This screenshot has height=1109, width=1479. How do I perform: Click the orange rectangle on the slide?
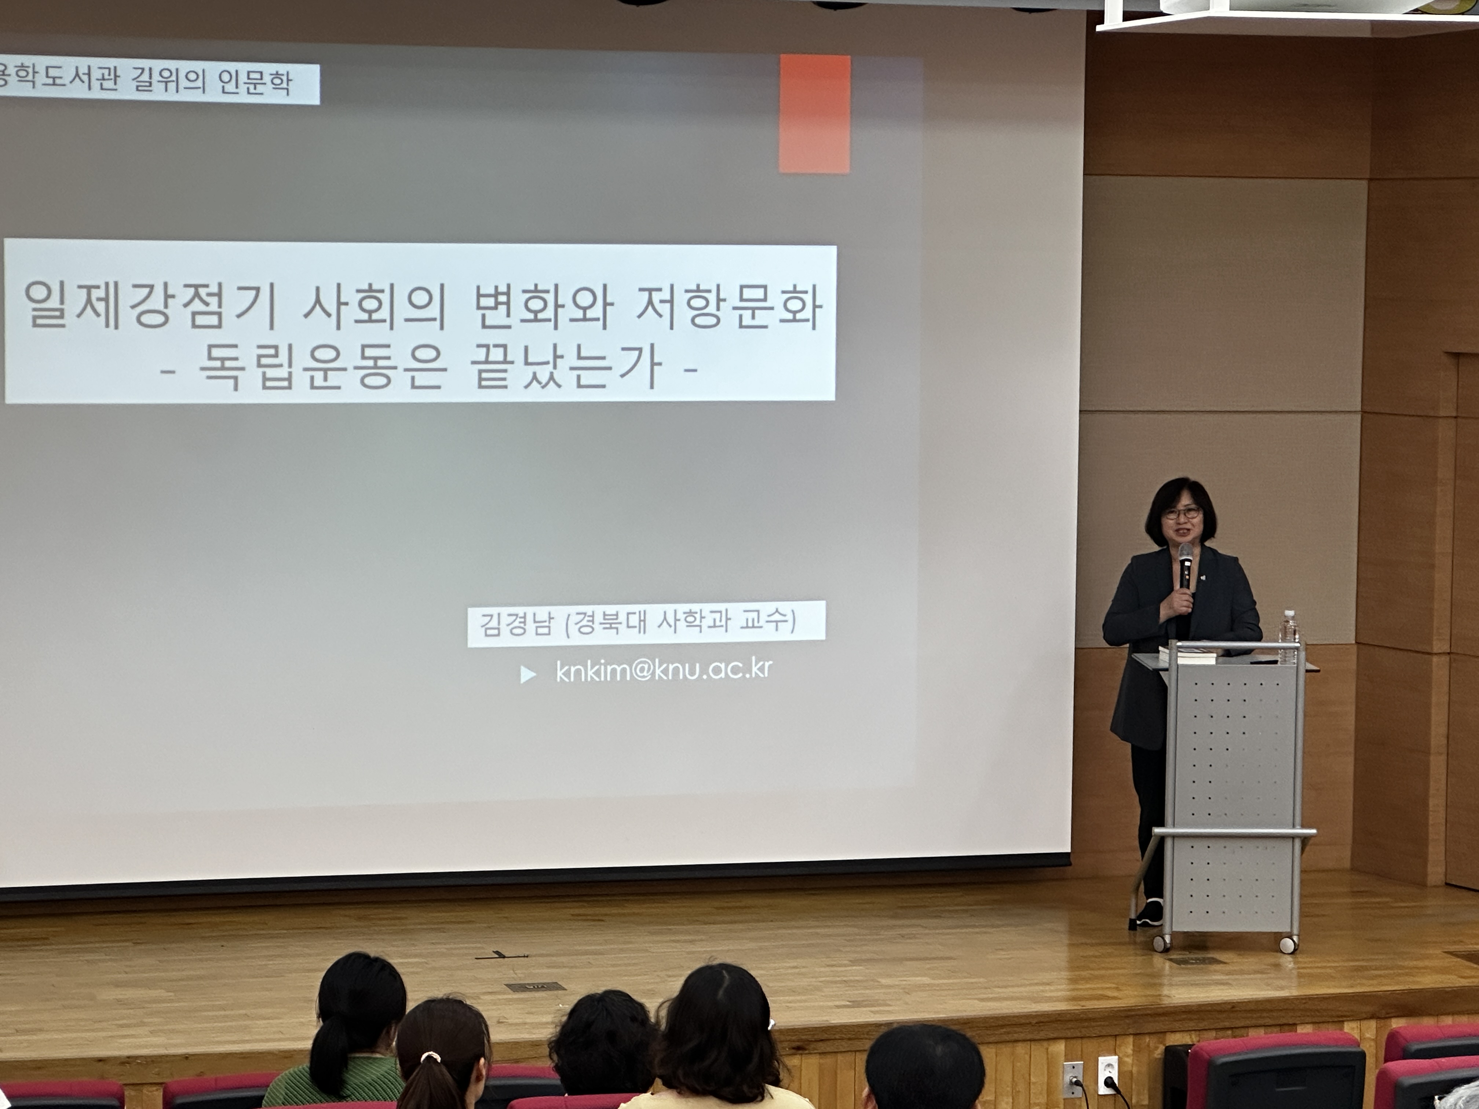pyautogui.click(x=814, y=114)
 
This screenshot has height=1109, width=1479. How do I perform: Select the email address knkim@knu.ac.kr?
pyautogui.click(x=664, y=670)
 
